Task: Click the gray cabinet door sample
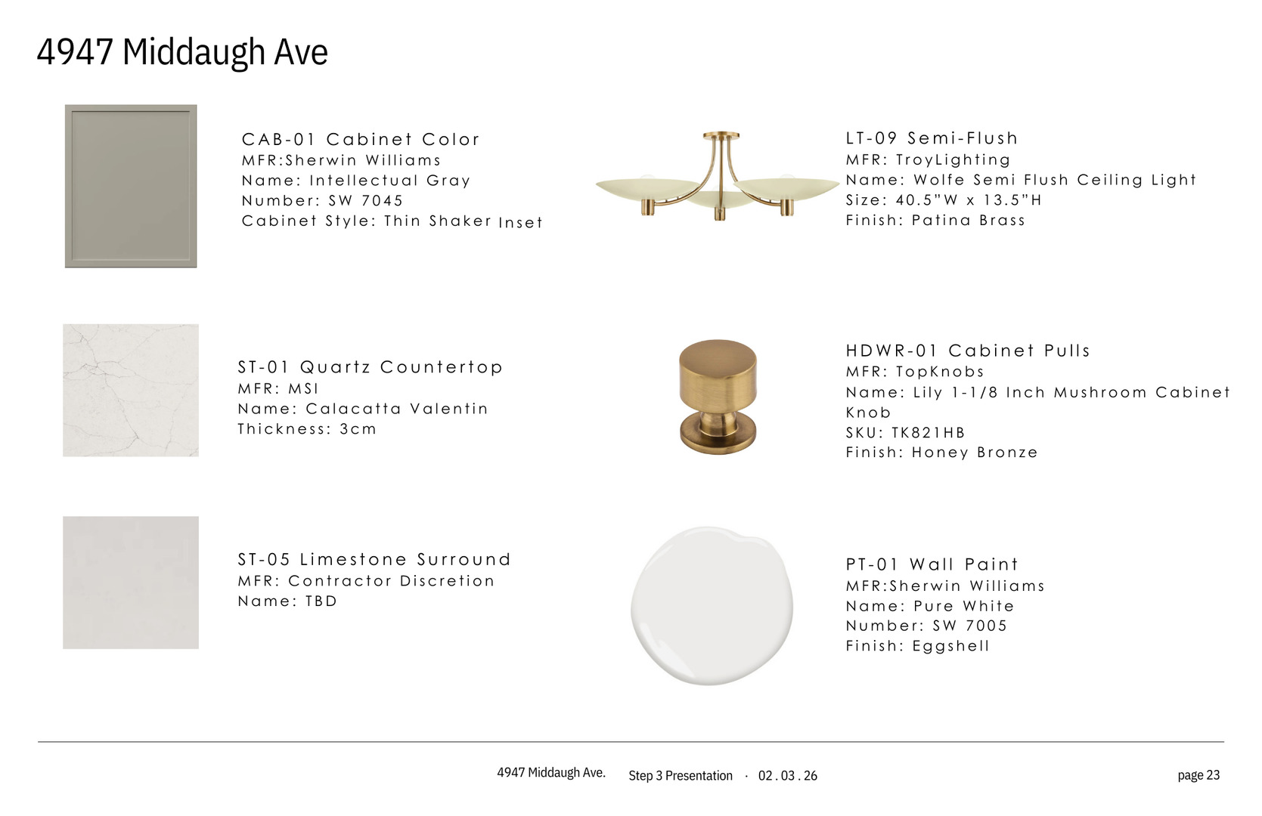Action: click(x=131, y=186)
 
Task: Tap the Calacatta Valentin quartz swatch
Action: click(x=131, y=391)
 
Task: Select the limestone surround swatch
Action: click(x=131, y=583)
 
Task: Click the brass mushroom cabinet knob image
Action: click(x=718, y=397)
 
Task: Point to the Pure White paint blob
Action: click(x=712, y=606)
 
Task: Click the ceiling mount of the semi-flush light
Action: click(x=721, y=136)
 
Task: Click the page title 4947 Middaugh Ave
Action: click(x=182, y=52)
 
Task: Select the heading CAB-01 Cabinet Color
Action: click(x=361, y=139)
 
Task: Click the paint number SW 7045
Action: click(x=366, y=200)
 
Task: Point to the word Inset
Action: click(x=520, y=222)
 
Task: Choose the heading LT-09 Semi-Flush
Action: click(x=932, y=138)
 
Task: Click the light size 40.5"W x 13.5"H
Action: click(x=969, y=200)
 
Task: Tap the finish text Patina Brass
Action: click(x=968, y=220)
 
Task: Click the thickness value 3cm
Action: click(x=358, y=429)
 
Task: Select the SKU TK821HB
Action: click(x=928, y=432)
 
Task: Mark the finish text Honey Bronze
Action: click(x=974, y=453)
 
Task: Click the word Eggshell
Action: click(x=950, y=646)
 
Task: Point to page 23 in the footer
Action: click(x=1198, y=775)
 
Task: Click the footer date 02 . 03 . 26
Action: click(x=788, y=776)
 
